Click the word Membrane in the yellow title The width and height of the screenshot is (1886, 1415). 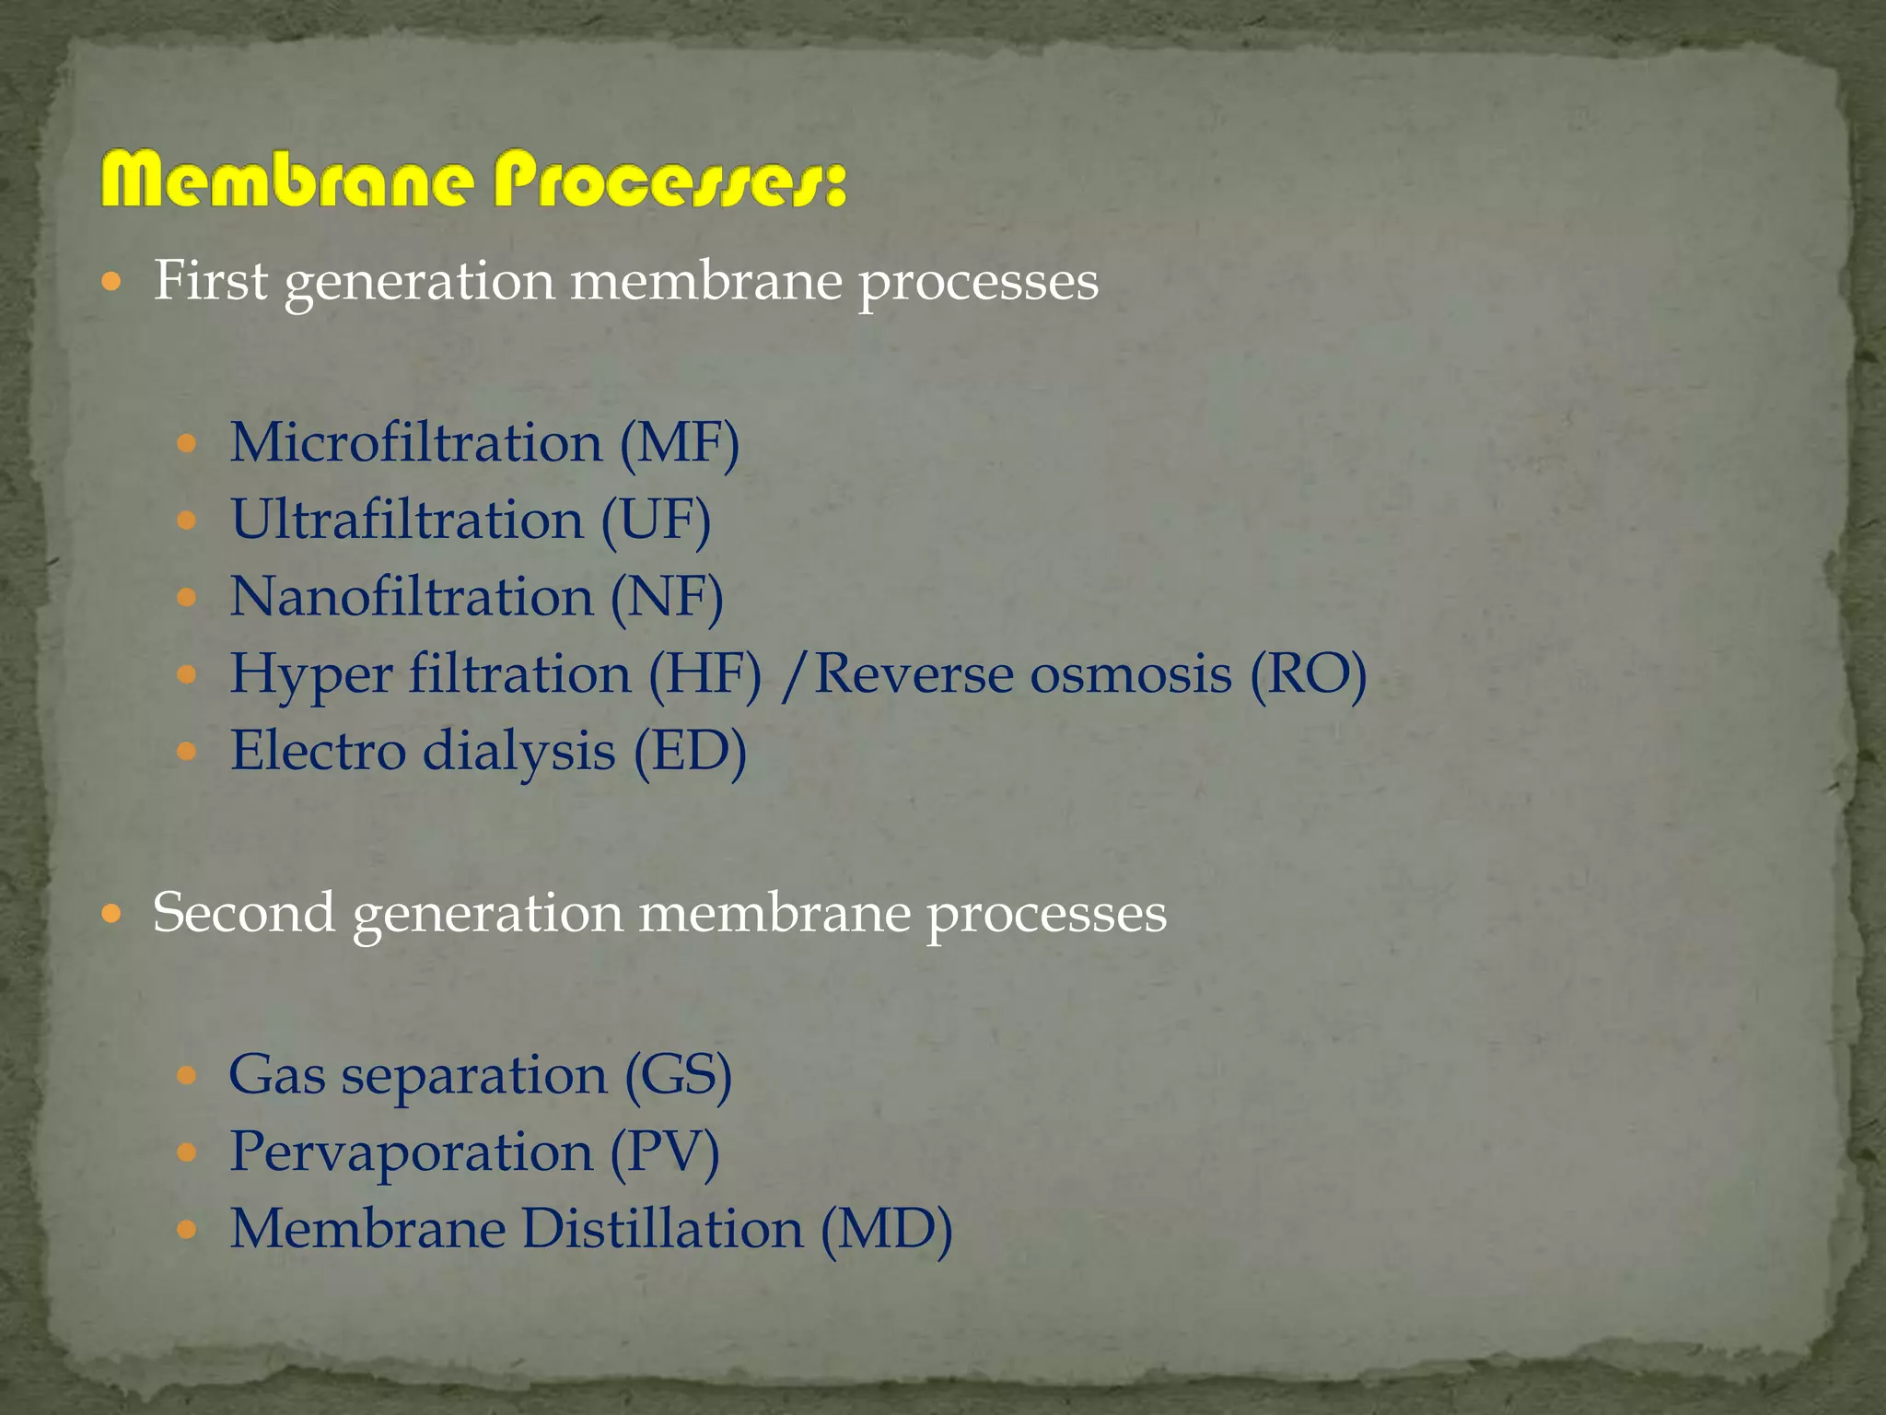(x=289, y=181)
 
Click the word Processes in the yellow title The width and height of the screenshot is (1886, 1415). (x=670, y=181)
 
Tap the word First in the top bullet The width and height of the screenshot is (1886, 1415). (x=210, y=280)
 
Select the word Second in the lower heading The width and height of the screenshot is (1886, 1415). (x=243, y=913)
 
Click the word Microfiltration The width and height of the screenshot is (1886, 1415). (x=415, y=443)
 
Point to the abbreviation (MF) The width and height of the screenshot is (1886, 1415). (x=680, y=444)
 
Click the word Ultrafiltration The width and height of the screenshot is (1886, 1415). (x=407, y=520)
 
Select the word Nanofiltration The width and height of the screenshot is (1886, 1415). (x=411, y=597)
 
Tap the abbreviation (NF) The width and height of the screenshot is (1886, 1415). (x=667, y=598)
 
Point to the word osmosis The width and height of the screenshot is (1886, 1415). (x=1130, y=674)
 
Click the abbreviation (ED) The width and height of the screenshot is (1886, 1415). (x=690, y=752)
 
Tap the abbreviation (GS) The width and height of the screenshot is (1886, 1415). (x=679, y=1075)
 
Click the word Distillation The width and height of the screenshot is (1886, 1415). (x=663, y=1229)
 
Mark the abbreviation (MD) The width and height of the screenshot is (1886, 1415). (x=886, y=1230)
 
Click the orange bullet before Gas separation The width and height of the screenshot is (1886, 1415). (x=187, y=1075)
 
